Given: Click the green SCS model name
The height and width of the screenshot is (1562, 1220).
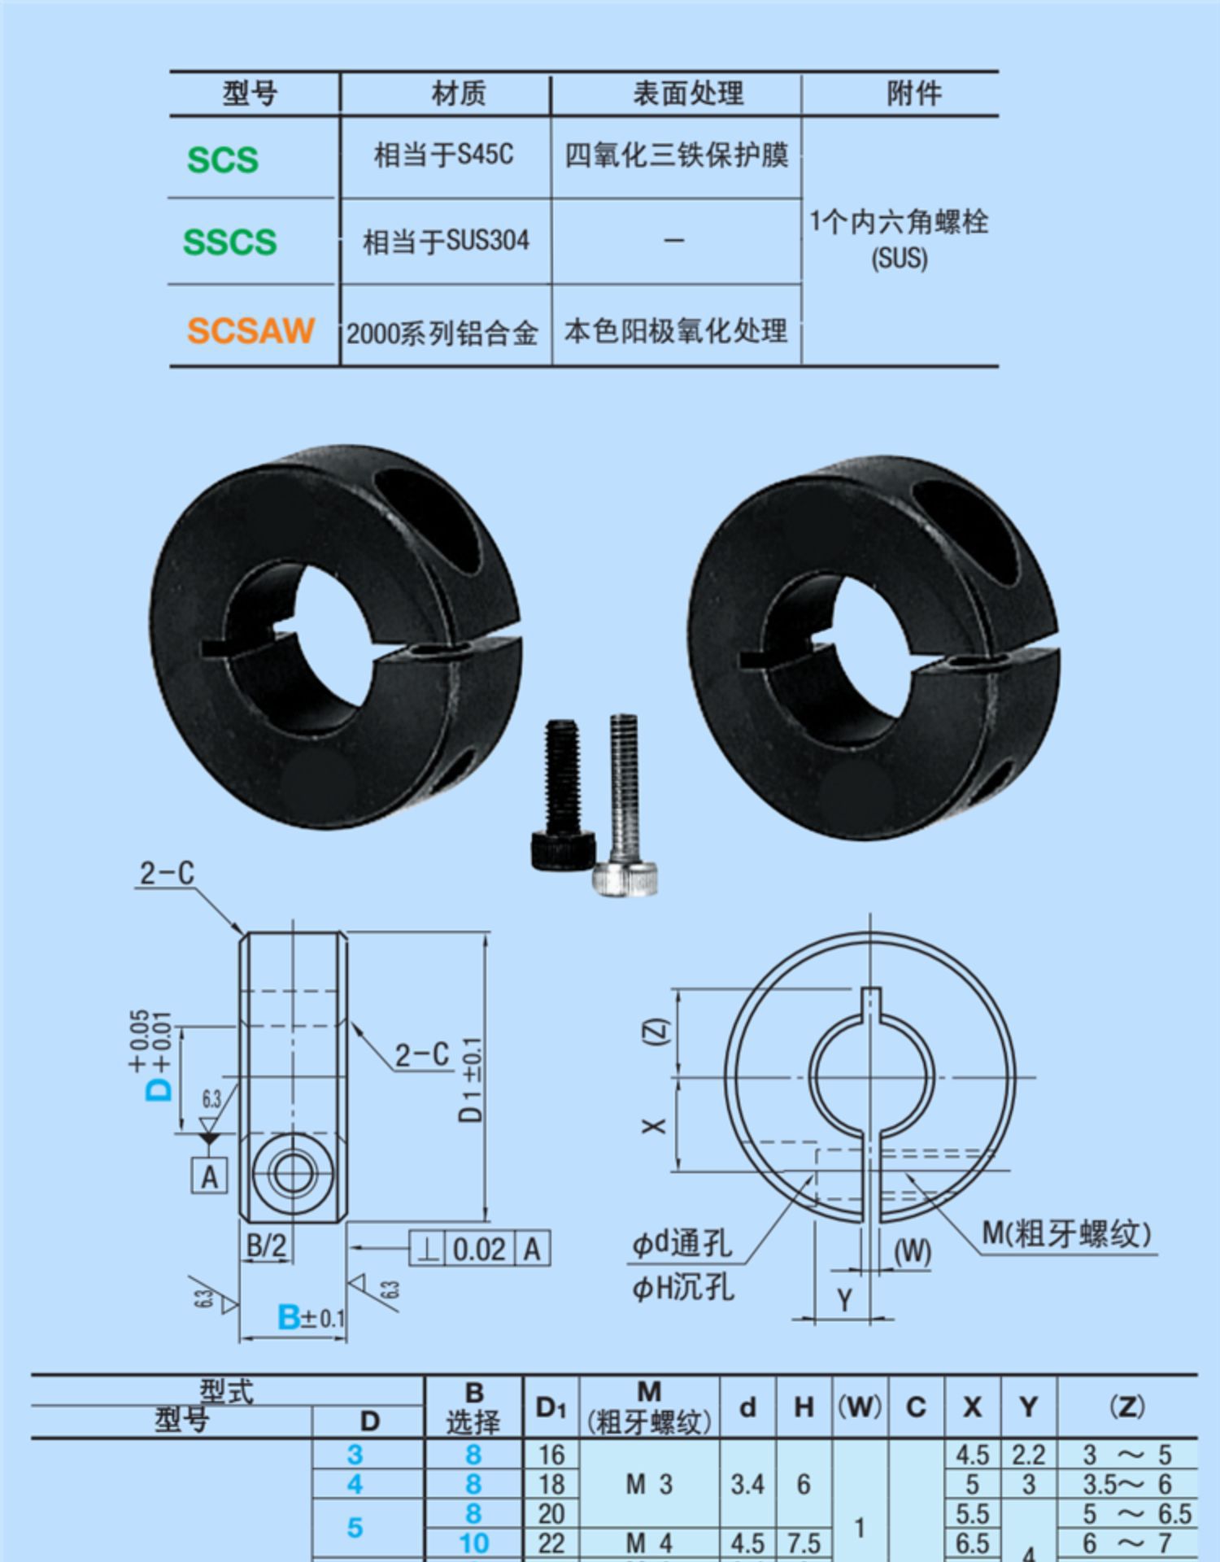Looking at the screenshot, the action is click(x=222, y=159).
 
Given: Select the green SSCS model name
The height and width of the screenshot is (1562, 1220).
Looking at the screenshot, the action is click(x=229, y=242).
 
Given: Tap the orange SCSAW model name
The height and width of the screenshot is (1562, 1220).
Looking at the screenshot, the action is click(x=251, y=330).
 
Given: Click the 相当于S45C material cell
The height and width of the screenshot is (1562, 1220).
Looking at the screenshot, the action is click(x=444, y=155).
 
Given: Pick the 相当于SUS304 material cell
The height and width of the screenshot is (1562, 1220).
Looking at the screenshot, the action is click(x=446, y=241).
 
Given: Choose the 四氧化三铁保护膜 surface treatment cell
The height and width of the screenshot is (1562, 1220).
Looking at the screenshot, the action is click(x=677, y=155).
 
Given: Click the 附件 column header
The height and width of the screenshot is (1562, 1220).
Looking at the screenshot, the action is click(x=914, y=94).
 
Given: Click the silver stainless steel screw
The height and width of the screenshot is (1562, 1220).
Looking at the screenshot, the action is click(x=625, y=805).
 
